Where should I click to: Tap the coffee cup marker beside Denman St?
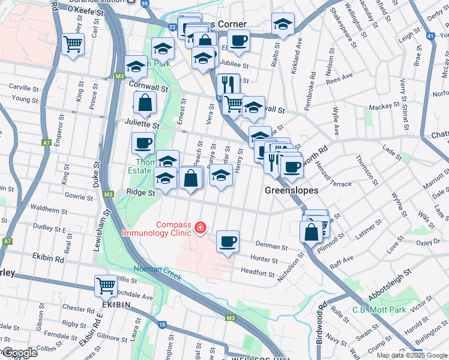pos(228,241)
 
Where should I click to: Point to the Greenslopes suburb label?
pos(291,190)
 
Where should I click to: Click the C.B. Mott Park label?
pos(379,310)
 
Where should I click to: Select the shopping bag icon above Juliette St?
pos(145,103)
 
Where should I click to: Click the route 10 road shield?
pos(162,325)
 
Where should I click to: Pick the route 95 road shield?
pos(145,3)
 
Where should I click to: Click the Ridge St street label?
pos(141,193)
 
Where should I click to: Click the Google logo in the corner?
pos(19,353)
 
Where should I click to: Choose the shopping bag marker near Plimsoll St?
pos(311,232)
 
